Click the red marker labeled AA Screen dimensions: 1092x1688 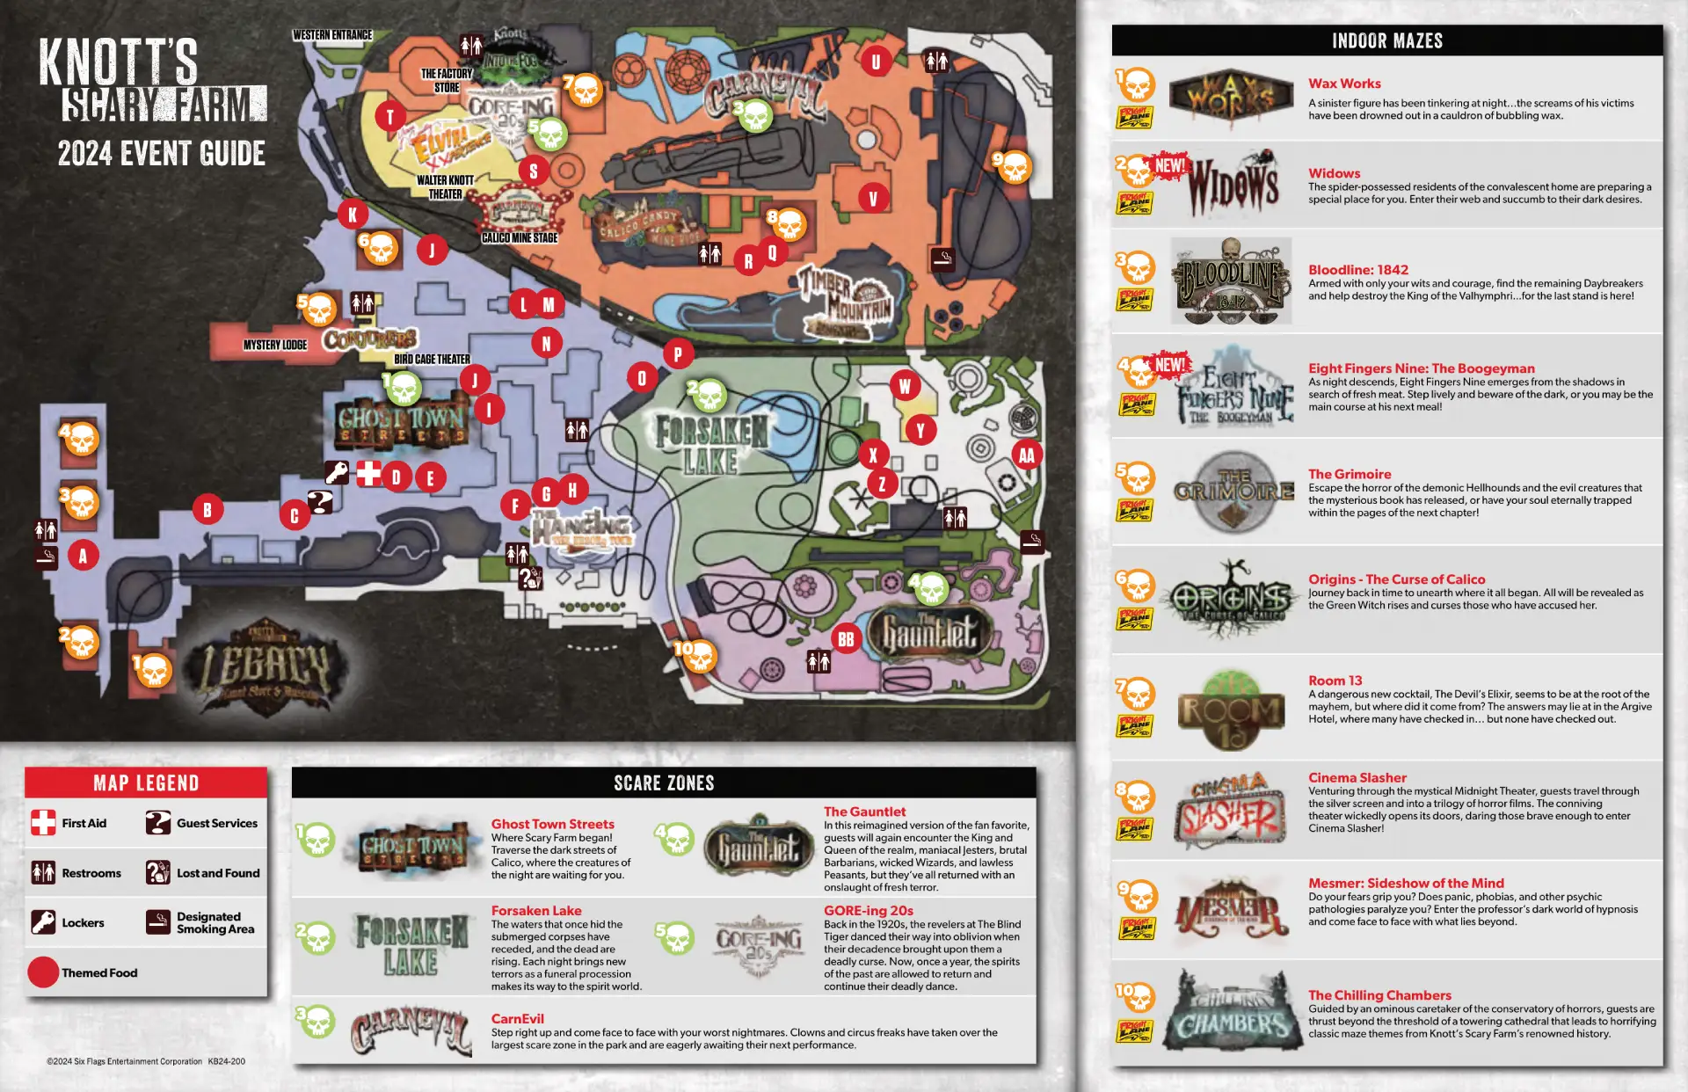(x=1026, y=455)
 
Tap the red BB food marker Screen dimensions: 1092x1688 (x=846, y=639)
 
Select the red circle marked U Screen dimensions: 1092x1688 (x=875, y=62)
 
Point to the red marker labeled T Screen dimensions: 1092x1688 (x=390, y=116)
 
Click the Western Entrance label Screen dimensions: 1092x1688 (x=332, y=35)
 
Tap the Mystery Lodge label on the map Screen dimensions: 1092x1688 (x=275, y=345)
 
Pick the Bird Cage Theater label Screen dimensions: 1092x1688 (x=432, y=359)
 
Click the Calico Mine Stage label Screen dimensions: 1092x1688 (x=520, y=237)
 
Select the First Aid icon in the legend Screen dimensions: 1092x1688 (x=43, y=823)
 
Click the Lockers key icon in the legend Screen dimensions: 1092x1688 (x=43, y=922)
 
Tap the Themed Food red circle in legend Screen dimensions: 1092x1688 (x=43, y=972)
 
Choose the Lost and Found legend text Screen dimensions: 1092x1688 (x=218, y=873)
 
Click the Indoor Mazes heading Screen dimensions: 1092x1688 (x=1386, y=41)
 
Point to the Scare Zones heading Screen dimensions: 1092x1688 (x=664, y=783)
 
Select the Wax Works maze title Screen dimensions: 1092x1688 (x=1344, y=84)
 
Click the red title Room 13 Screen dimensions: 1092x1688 (x=1335, y=681)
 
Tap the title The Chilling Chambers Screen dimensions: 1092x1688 (x=1379, y=995)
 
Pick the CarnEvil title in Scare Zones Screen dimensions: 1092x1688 (x=517, y=1019)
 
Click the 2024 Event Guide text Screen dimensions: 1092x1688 (x=162, y=154)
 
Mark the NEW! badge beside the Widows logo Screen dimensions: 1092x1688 (x=1169, y=165)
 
